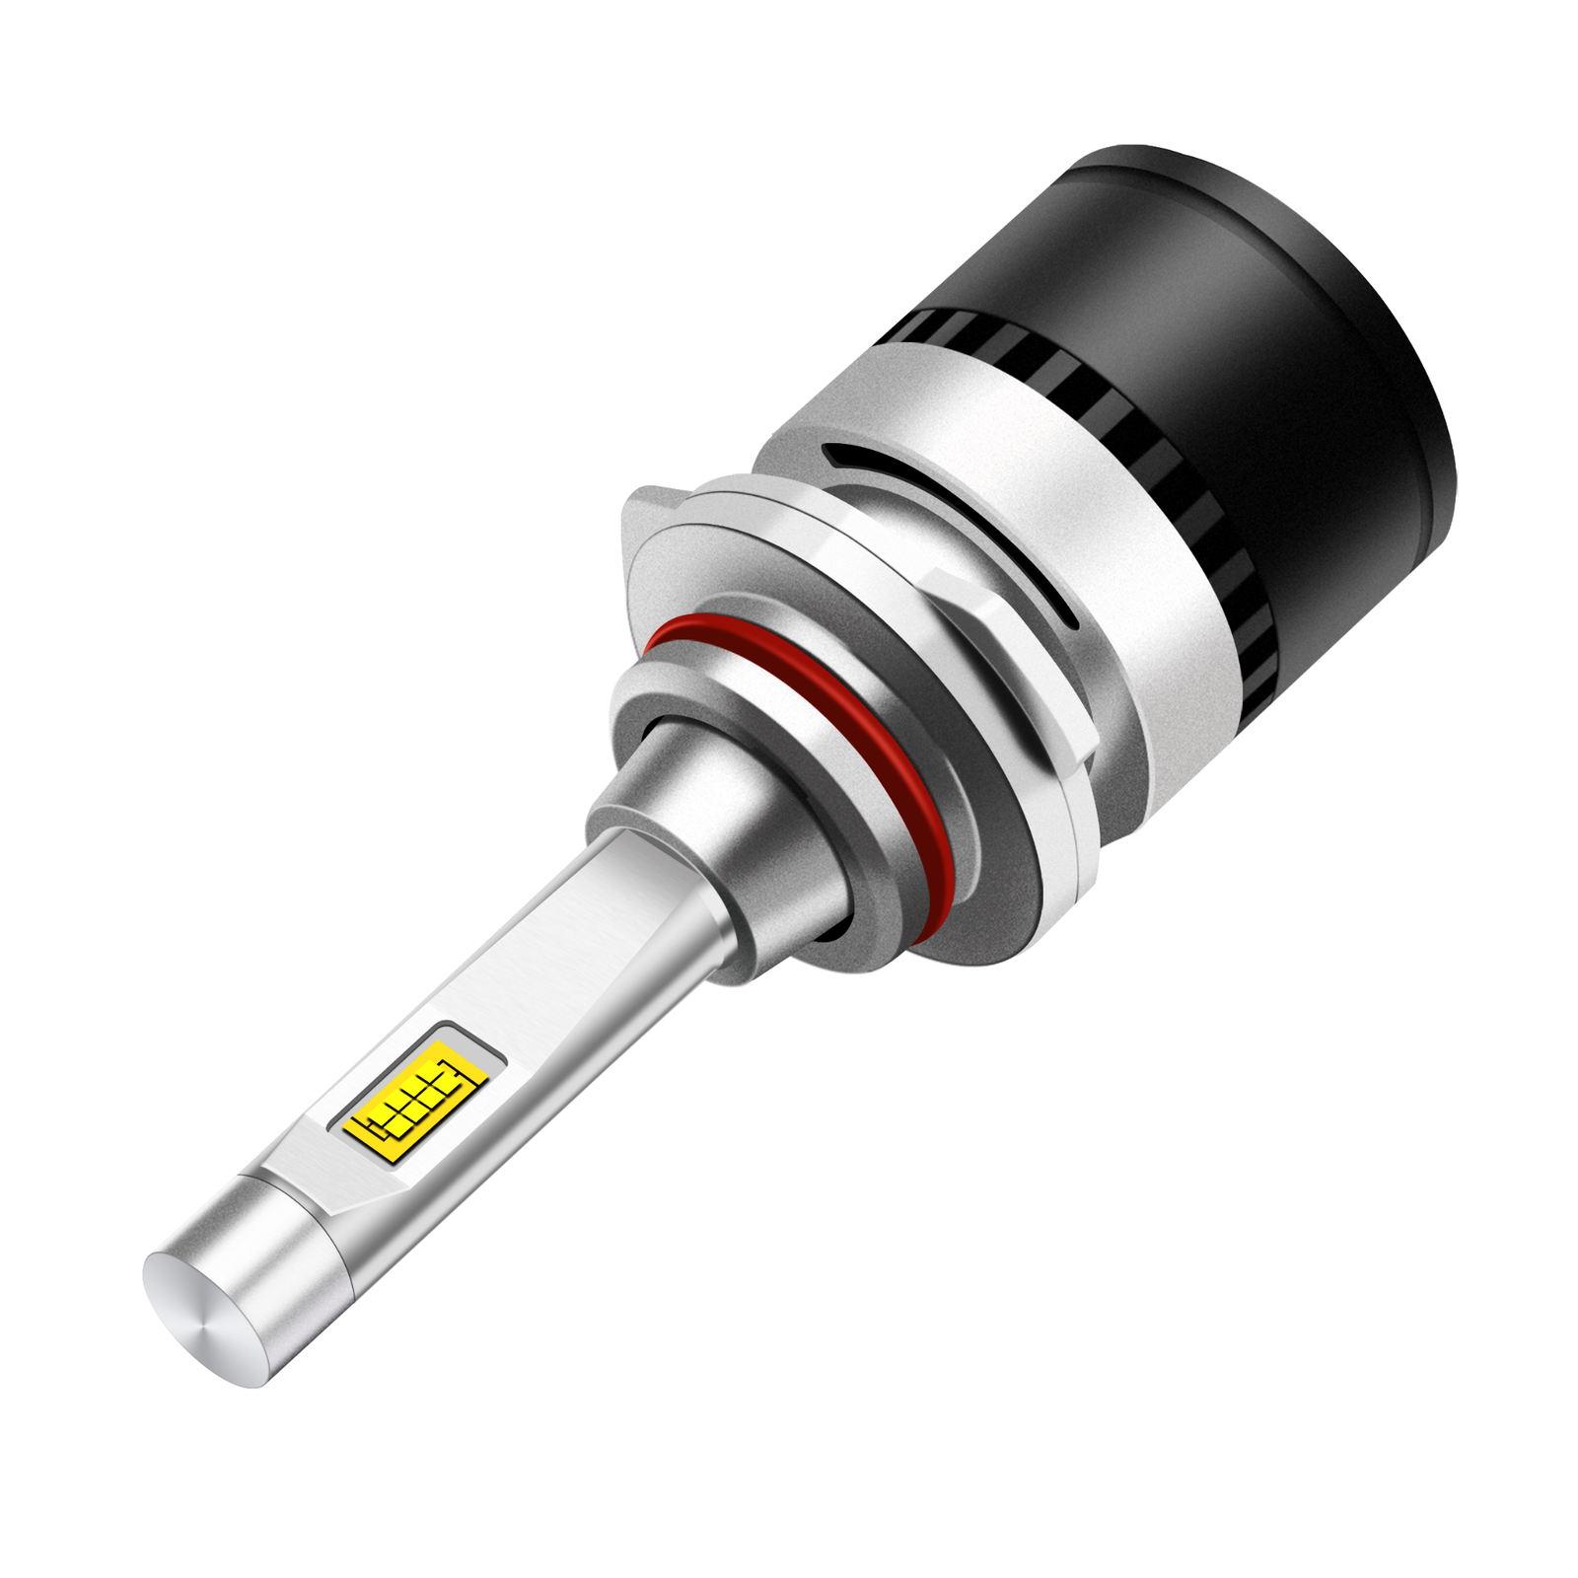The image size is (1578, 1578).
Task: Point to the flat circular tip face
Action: click(202, 1312)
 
